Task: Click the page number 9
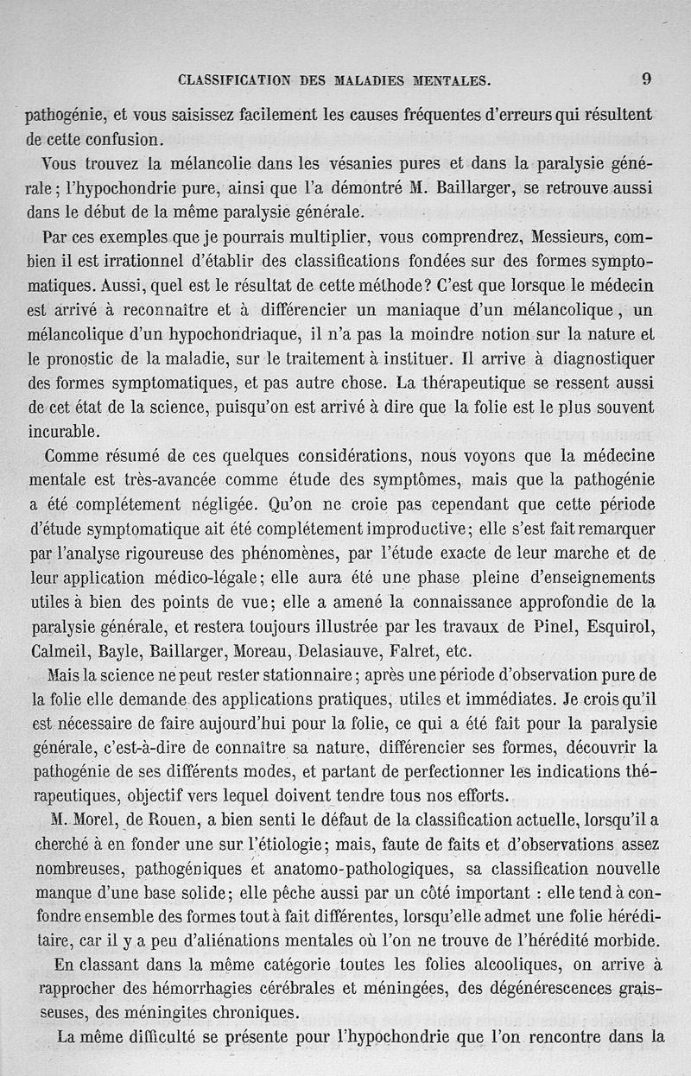tap(646, 79)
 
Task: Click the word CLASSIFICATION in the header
tap(232, 81)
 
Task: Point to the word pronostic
tap(94, 358)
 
